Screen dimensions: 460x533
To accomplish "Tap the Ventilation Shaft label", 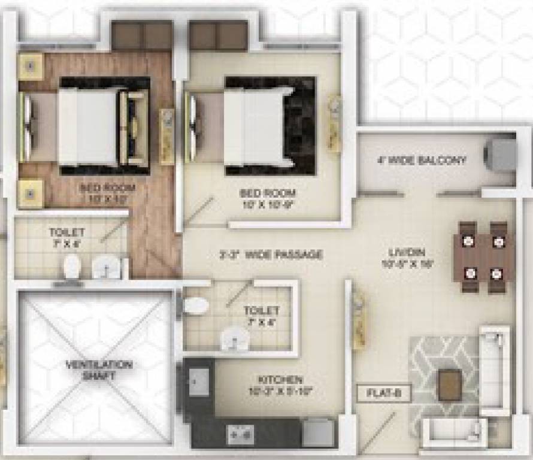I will click(99, 370).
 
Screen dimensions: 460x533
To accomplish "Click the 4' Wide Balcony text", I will click(422, 161).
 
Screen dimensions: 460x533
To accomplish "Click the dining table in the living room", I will click(483, 258).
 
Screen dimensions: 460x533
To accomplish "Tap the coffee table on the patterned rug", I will click(449, 384).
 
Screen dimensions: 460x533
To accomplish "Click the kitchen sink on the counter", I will click(199, 382).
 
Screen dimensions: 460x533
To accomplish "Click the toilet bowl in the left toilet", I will click(72, 267).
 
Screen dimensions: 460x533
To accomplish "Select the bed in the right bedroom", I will click(258, 126).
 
